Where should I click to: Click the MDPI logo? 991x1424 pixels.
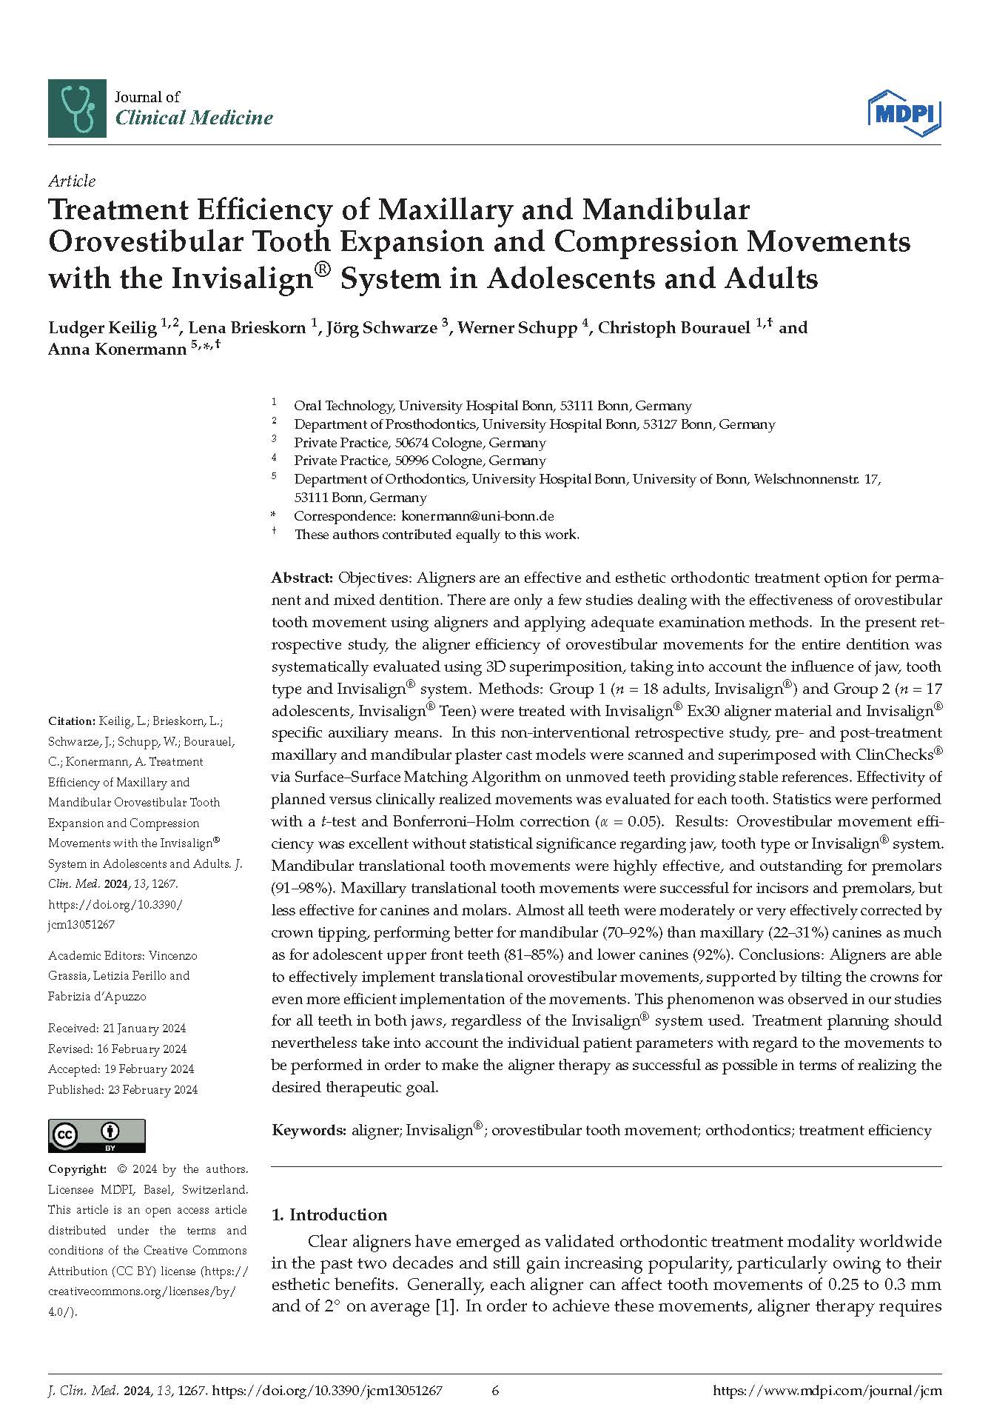(x=904, y=113)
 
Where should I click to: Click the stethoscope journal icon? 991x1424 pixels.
(x=77, y=108)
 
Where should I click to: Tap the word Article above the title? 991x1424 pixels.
(x=72, y=181)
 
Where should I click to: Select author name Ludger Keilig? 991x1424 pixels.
(x=103, y=327)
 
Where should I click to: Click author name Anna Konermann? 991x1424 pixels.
(x=117, y=350)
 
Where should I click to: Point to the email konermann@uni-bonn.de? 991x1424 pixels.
(x=477, y=516)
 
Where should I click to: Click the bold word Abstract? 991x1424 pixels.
(x=302, y=578)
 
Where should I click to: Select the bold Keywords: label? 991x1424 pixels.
(x=309, y=1130)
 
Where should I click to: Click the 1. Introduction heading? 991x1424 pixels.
(x=329, y=1214)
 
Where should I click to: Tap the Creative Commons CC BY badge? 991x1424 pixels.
(x=96, y=1135)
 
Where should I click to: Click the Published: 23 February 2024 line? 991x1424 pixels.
(x=123, y=1089)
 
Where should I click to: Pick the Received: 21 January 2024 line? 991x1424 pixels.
(x=117, y=1028)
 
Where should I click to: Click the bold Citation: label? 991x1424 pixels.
(x=72, y=721)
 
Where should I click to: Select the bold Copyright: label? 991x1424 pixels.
(x=77, y=1169)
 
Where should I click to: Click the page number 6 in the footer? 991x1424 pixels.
(x=496, y=1391)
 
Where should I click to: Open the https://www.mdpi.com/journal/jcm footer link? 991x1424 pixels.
(x=827, y=1391)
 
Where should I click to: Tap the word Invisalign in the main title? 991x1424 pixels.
(x=237, y=278)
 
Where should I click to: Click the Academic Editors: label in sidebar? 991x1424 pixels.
(x=95, y=955)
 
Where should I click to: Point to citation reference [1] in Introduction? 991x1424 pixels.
(x=443, y=1306)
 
